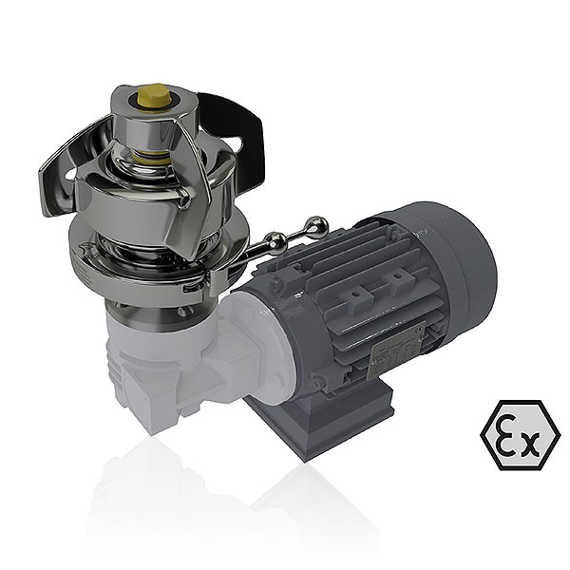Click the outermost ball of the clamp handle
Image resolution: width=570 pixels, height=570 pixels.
point(320,225)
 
